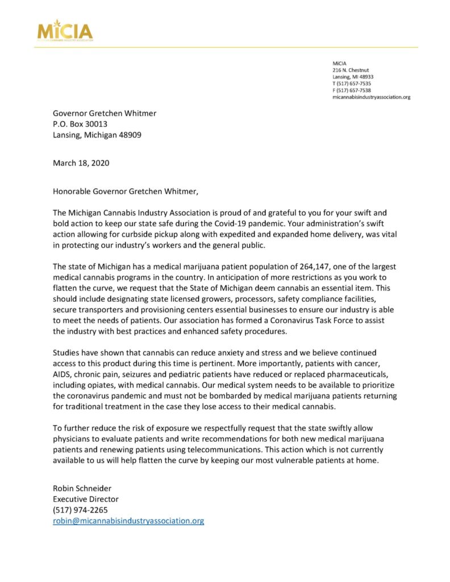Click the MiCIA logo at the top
pos(65,30)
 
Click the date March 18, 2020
pos(81,163)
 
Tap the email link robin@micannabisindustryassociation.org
pos(128,520)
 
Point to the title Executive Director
pos(86,498)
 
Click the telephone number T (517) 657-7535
pos(352,84)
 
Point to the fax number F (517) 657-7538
pos(352,90)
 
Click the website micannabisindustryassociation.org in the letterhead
pos(371,97)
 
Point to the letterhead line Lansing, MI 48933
pos(353,77)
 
